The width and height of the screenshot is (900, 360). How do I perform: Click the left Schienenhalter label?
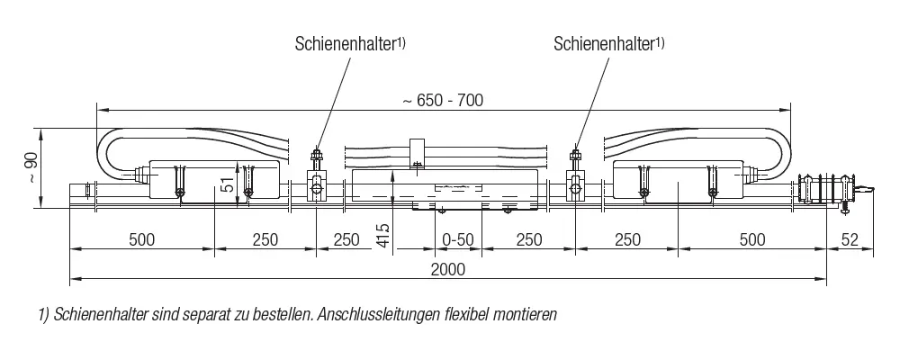350,44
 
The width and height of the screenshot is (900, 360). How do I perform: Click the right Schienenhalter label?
609,44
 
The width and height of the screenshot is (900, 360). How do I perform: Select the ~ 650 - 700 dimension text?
443,101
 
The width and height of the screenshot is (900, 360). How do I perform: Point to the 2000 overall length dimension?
448,269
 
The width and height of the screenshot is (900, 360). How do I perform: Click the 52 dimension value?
850,239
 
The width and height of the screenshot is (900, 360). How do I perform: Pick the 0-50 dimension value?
458,239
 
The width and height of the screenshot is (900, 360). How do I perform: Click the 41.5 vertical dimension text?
384,235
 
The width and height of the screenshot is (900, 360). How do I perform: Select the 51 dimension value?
228,186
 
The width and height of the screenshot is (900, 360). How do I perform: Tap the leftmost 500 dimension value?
142,239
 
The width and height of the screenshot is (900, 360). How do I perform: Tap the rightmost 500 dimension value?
751,239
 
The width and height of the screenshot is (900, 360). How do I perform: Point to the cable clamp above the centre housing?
417,154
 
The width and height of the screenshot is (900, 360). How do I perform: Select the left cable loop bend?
110,152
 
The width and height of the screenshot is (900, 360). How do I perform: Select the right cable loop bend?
777,152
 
